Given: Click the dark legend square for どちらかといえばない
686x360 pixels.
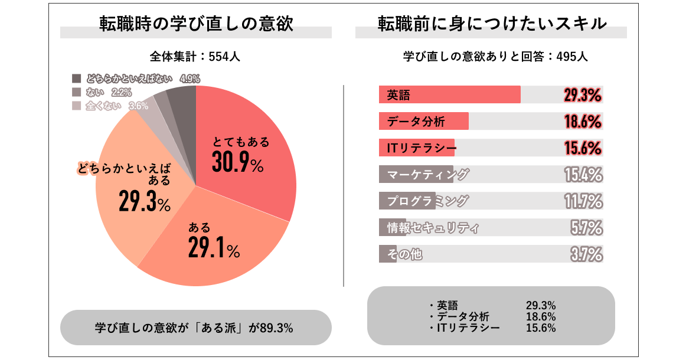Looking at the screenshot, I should point(76,78).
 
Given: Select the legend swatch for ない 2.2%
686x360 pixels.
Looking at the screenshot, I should point(76,92).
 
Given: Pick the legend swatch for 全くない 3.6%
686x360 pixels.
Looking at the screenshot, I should point(76,106).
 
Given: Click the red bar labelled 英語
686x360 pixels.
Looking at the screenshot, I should point(449,94).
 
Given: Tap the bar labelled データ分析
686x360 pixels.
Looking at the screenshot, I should point(423,122).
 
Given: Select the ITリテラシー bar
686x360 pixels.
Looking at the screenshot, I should point(417,148).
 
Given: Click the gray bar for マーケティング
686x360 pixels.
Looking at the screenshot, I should point(416,174).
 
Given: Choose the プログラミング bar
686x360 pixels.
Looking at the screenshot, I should point(407,201).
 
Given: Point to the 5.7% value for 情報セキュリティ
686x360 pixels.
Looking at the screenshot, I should point(586,228).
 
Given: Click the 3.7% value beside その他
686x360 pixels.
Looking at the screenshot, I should point(586,254).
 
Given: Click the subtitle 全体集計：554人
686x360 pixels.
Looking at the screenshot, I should point(195,57).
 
